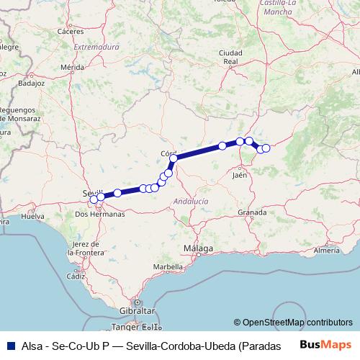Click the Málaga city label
[198, 248]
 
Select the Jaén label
[240, 174]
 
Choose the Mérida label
[73, 67]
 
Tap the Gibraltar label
[140, 310]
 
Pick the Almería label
[327, 250]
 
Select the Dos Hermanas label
[100, 214]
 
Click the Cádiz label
[75, 276]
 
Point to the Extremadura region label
[96, 47]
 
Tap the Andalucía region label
[192, 202]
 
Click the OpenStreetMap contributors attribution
[293, 323]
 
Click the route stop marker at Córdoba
[174, 158]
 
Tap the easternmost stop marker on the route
[266, 148]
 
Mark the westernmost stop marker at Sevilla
[94, 199]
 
